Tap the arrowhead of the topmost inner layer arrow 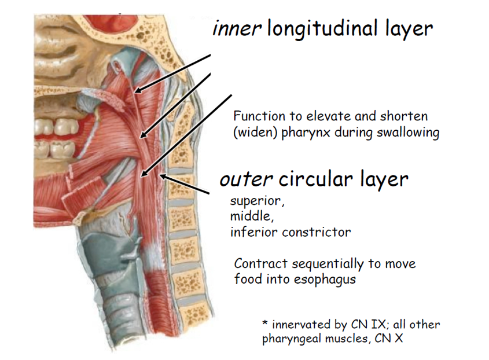pos(134,90)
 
